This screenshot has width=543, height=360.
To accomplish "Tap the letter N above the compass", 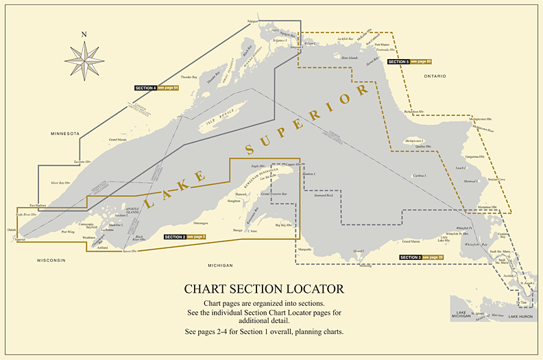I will point(84,34).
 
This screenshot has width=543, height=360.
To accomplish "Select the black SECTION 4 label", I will point(145,88).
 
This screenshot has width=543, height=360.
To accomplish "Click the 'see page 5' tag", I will point(195,237).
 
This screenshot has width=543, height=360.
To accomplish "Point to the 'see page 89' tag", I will point(420,62).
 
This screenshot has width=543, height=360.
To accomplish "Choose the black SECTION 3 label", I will point(410,257).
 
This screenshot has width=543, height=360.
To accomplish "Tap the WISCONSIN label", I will point(51,261).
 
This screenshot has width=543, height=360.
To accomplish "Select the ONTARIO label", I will point(435,75).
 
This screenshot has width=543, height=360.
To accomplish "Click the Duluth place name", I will point(11,230).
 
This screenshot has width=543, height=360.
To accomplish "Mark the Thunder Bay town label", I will point(189,77).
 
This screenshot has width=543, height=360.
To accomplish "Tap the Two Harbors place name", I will point(38,206).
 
